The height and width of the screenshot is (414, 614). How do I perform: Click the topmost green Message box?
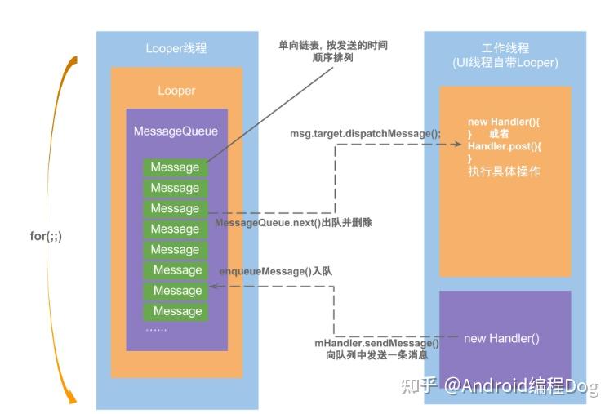[175, 167]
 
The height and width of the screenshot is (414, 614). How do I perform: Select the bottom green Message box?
[175, 311]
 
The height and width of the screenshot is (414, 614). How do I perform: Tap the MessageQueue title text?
[176, 131]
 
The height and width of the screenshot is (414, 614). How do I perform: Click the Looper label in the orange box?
[176, 91]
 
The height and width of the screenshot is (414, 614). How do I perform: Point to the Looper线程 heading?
[176, 48]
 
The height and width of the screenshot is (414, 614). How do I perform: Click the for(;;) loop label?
[46, 236]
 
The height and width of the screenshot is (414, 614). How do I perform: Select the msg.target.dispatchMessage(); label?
[365, 134]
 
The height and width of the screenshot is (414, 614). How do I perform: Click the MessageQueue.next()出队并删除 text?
[294, 223]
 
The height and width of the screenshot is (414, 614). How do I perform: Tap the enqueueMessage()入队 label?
[276, 271]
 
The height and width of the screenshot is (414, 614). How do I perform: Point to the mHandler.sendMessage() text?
[376, 343]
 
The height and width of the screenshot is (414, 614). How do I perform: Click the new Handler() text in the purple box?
[501, 338]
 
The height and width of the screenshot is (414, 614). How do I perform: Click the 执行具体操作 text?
[504, 171]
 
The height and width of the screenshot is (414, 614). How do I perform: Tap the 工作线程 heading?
[505, 48]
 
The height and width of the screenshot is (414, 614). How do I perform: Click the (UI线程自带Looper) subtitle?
[505, 63]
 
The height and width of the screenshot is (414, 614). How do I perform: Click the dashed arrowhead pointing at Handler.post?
[457, 145]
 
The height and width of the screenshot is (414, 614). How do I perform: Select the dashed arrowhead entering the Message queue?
[214, 287]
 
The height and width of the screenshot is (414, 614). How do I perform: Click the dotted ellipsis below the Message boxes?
[156, 330]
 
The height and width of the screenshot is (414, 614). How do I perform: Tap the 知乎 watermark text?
[418, 385]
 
